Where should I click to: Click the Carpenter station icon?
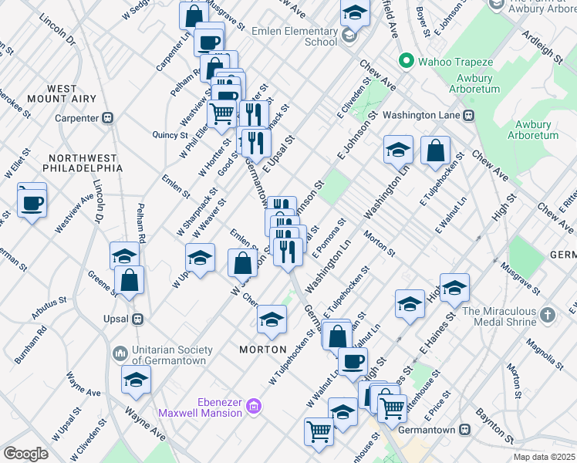(x=108, y=118)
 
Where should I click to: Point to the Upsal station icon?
(x=138, y=318)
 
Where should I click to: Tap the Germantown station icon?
(x=464, y=429)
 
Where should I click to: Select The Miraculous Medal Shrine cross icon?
(x=547, y=315)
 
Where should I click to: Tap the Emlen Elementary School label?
(x=295, y=36)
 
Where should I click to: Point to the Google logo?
(x=25, y=454)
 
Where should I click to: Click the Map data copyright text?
(x=544, y=457)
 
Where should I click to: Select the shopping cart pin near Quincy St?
(x=222, y=113)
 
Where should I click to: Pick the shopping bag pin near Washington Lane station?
(x=435, y=150)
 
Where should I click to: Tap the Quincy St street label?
(x=174, y=135)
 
